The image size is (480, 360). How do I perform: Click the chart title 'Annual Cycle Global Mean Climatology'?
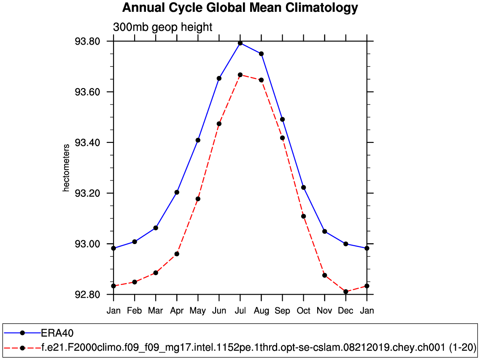[240, 8]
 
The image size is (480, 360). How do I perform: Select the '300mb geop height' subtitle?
[163, 27]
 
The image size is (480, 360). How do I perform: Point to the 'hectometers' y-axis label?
[66, 168]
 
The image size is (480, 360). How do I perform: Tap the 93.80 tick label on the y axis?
[87, 41]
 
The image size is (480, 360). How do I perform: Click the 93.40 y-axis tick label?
[87, 142]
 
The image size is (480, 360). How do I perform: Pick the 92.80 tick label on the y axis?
[87, 295]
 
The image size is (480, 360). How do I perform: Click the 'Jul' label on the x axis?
[240, 311]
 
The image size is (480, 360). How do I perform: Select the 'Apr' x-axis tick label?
[177, 311]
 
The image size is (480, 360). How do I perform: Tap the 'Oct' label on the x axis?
[303, 311]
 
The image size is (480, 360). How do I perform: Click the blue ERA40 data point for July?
[240, 43]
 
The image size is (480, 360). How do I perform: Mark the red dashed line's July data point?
[240, 75]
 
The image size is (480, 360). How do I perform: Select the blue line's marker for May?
[198, 140]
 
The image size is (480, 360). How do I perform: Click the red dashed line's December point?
[346, 292]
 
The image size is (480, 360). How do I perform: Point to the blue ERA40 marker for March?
[156, 228]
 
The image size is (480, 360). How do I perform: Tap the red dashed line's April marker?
[177, 254]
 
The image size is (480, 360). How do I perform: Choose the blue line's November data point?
[325, 231]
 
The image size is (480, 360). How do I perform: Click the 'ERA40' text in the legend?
[57, 333]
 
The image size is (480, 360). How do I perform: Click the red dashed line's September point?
[282, 138]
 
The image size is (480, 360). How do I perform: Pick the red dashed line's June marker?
[219, 124]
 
